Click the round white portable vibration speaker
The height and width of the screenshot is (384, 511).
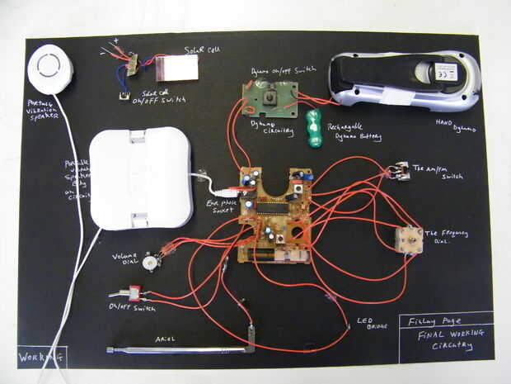(x=49, y=68)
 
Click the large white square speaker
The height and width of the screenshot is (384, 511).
(x=139, y=178)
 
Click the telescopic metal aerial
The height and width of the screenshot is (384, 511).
(x=181, y=350)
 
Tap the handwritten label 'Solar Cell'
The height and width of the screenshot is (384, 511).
(x=201, y=50)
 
